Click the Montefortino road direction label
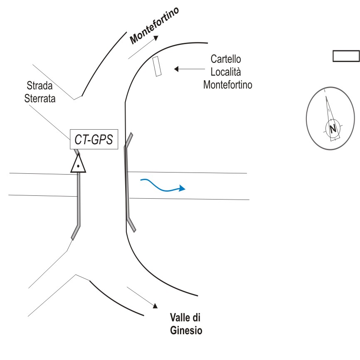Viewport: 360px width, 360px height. coord(155,25)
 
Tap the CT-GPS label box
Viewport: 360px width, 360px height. coord(94,139)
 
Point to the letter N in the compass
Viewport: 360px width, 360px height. coord(332,128)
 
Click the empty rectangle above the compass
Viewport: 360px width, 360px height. coord(345,56)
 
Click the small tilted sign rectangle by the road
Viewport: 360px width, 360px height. coord(157,66)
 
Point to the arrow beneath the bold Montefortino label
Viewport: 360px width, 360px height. coord(144,47)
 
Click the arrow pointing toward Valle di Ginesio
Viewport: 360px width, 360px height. coord(142,297)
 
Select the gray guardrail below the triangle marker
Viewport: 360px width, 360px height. coord(78,204)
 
